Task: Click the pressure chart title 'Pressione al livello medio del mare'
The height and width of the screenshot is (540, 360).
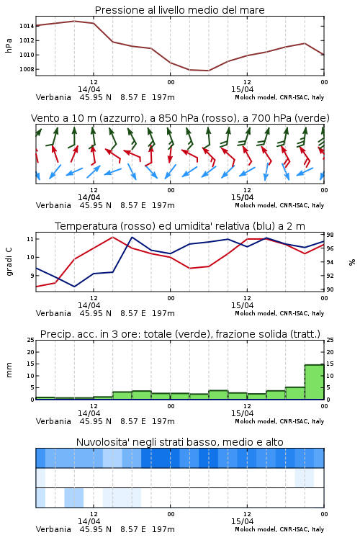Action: click(179, 10)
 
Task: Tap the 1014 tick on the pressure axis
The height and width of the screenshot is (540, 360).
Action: click(27, 26)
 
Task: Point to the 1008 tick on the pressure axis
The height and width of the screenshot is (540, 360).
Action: click(27, 69)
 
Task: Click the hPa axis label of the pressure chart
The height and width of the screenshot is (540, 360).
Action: click(9, 45)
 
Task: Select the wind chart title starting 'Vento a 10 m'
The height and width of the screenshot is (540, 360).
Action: click(180, 118)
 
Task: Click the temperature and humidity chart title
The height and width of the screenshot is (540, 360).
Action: click(180, 226)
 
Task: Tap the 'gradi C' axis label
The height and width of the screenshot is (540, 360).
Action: click(9, 262)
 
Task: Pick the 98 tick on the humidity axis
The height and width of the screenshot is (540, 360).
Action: click(330, 235)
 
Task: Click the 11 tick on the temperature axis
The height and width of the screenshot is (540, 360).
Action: click(30, 239)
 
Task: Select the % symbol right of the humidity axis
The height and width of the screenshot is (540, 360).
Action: click(352, 262)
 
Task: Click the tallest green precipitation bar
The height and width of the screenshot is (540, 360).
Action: click(314, 382)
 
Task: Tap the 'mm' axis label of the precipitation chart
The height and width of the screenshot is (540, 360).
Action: click(9, 370)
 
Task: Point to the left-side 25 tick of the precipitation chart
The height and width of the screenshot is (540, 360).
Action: click(30, 340)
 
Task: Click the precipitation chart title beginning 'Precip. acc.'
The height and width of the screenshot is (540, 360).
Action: click(180, 334)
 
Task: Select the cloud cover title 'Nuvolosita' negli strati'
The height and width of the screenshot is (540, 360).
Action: click(179, 442)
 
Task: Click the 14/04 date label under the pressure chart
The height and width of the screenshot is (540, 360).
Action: click(89, 89)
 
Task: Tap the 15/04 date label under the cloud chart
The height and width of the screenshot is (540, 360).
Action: click(242, 521)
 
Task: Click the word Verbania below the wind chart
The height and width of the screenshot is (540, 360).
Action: click(53, 205)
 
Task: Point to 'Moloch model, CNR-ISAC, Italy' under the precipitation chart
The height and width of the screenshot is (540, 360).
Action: click(279, 421)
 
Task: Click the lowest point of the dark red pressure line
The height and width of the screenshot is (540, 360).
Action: click(208, 71)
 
